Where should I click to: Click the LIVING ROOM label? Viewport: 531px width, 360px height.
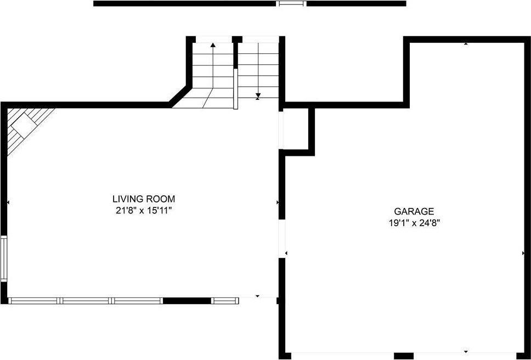pos(144,199)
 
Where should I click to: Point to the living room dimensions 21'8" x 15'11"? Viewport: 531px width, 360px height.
pos(144,210)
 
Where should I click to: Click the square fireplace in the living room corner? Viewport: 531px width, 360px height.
pos(25,127)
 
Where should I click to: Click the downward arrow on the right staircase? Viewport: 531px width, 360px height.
pos(258,96)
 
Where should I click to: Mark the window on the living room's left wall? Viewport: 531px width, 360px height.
pos(4,259)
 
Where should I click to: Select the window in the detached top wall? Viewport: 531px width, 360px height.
pos(291,3)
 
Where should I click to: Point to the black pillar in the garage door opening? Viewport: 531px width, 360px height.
pos(403,356)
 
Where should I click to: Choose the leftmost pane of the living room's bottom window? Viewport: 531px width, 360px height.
pos(34,301)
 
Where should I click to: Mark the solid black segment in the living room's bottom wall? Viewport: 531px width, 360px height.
pos(187,301)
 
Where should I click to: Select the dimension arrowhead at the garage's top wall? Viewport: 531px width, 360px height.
pos(466,43)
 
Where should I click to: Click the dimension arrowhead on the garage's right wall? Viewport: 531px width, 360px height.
pos(523,253)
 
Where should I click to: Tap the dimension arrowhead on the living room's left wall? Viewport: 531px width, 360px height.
pos(8,203)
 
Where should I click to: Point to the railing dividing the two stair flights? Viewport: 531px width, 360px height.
pos(235,89)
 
